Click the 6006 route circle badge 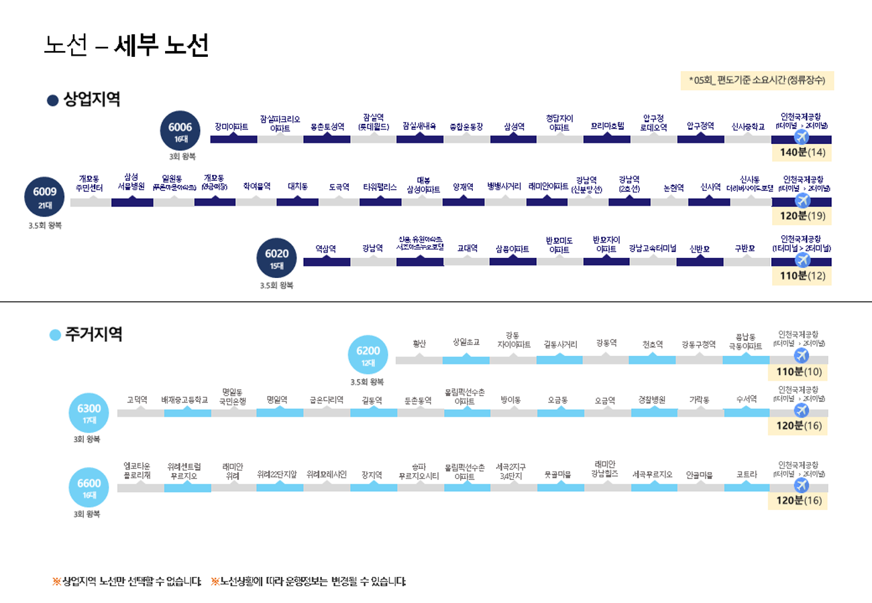pyautogui.click(x=180, y=130)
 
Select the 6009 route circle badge pyautogui.click(x=45, y=196)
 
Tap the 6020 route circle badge pyautogui.click(x=276, y=257)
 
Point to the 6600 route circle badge pyautogui.click(x=89, y=486)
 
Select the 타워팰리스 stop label pyautogui.click(x=380, y=187)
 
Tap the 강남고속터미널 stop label pyautogui.click(x=653, y=249)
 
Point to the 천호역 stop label pyautogui.click(x=652, y=344)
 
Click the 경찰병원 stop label pyautogui.click(x=652, y=400)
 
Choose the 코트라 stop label pyautogui.click(x=747, y=474)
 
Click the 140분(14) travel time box pyautogui.click(x=802, y=153)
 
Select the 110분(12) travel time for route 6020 pyautogui.click(x=802, y=276)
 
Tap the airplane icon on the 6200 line pyautogui.click(x=801, y=355)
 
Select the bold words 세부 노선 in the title pyautogui.click(x=162, y=45)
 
